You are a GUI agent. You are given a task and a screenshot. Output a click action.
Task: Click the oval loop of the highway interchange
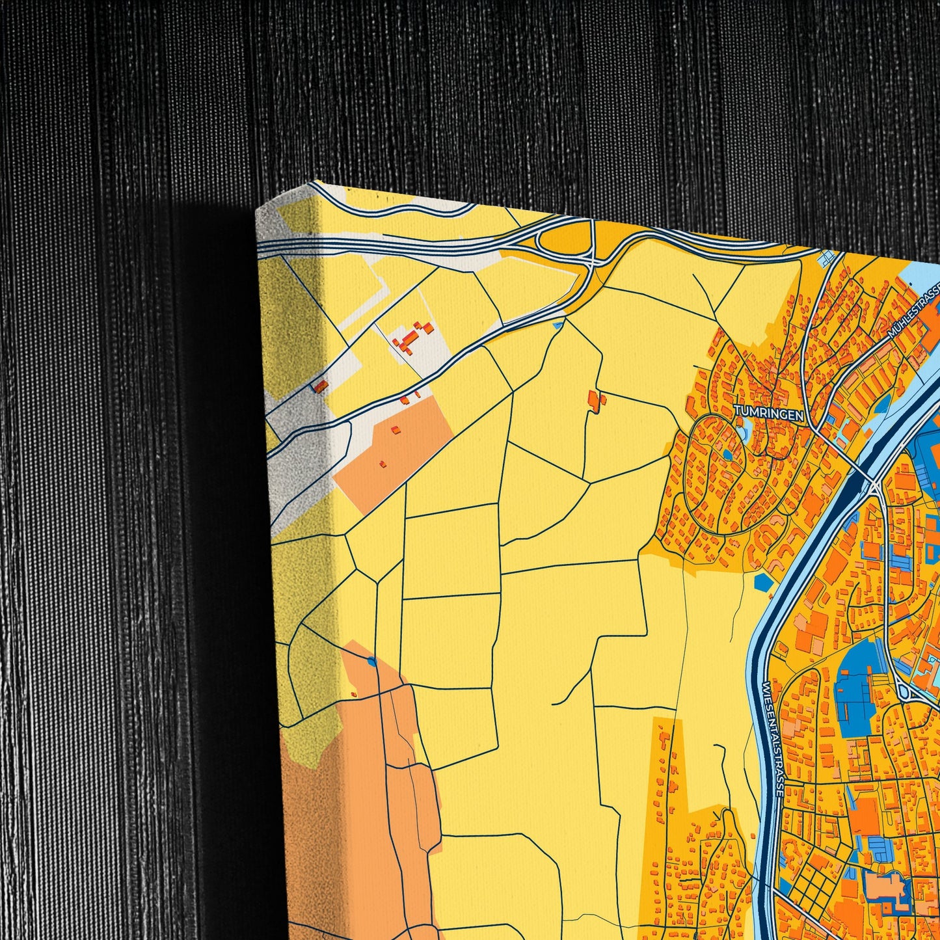(x=559, y=244)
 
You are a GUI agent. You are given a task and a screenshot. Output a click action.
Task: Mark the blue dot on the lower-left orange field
(x=371, y=662)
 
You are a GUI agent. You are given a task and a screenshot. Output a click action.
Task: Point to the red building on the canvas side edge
(x=322, y=386)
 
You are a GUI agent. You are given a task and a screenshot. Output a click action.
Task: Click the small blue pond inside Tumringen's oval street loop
(x=725, y=455)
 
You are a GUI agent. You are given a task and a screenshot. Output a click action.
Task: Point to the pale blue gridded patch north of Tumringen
(x=828, y=259)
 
